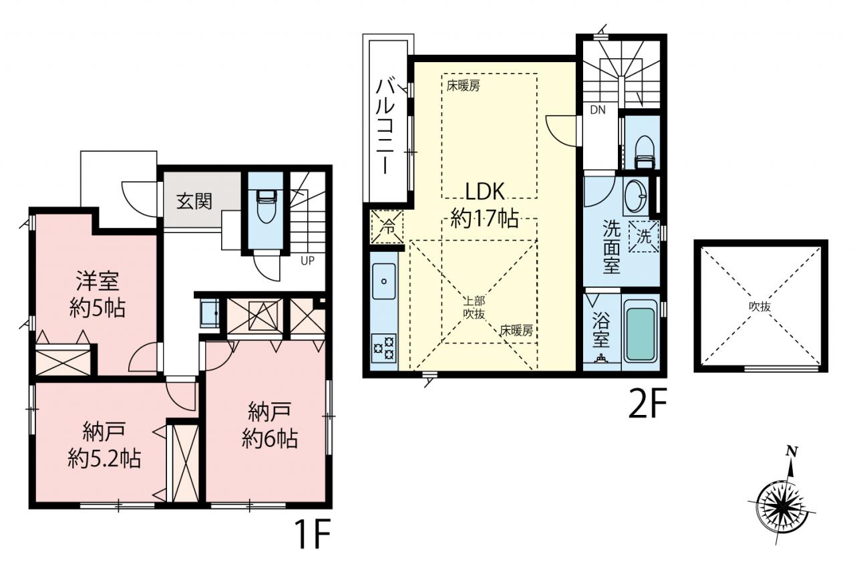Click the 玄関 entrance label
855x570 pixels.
pos(194,201)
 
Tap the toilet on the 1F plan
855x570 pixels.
pos(266,207)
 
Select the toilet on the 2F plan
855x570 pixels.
pos(645,152)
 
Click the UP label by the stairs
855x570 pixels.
pos(308,261)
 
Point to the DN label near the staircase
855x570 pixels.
pos(598,110)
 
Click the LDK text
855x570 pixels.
pos(485,192)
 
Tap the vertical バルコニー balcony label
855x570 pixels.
pos(385,126)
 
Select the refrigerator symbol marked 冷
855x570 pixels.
pos(387,227)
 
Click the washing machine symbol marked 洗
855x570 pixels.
pos(643,237)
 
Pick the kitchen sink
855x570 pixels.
pos(383,281)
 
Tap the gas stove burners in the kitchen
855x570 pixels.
pos(384,347)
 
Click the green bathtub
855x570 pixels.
pos(641,334)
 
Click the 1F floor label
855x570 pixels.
pos(311,533)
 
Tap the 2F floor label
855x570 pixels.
pos(647,403)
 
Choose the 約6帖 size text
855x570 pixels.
pos(269,439)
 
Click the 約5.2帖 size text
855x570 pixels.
pos(104,458)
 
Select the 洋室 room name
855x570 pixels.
pos(98,281)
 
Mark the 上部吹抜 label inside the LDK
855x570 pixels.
pos(474,307)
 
